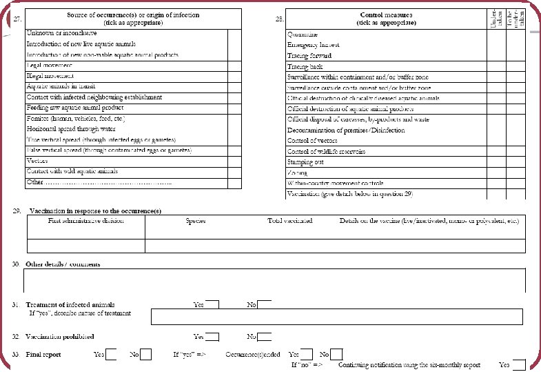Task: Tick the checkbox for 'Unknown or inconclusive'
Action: click(234, 33)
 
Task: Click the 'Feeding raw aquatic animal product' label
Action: click(75, 108)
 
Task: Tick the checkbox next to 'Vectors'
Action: click(234, 161)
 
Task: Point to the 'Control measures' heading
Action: click(386, 14)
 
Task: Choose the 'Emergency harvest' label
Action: click(314, 45)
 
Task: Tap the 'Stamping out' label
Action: click(305, 162)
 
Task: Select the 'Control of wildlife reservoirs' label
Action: click(326, 151)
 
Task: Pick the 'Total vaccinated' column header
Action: click(289, 221)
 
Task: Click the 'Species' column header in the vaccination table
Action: click(196, 221)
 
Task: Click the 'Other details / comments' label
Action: click(63, 264)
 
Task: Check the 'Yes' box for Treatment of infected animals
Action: click(212, 304)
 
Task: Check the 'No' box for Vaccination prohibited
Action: click(265, 337)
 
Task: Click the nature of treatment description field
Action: click(338, 317)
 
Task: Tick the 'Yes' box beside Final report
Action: click(111, 355)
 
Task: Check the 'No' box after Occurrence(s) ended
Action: click(337, 355)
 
